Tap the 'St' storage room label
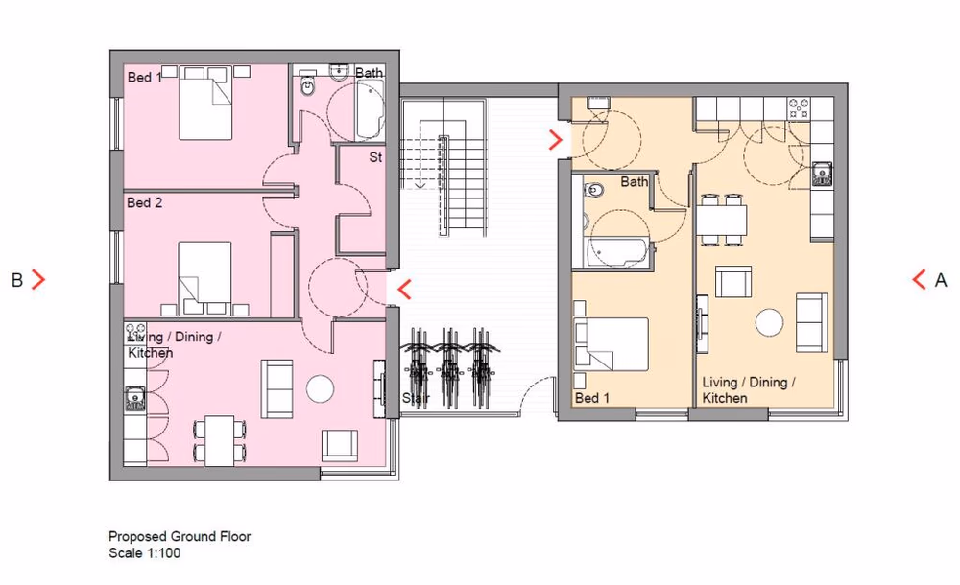click(x=375, y=157)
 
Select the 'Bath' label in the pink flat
click(x=369, y=73)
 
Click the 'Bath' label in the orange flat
click(x=635, y=181)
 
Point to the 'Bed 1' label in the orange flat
click(x=592, y=398)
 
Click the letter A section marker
click(x=941, y=281)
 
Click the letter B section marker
click(x=16, y=280)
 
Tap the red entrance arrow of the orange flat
click(x=555, y=140)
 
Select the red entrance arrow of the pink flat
click(x=405, y=289)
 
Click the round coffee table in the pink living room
click(x=319, y=388)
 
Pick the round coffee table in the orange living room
click(x=770, y=322)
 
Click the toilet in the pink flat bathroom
click(x=307, y=86)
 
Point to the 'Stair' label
click(x=417, y=397)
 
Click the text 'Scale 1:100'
click(x=144, y=553)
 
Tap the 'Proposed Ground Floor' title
click(x=180, y=537)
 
